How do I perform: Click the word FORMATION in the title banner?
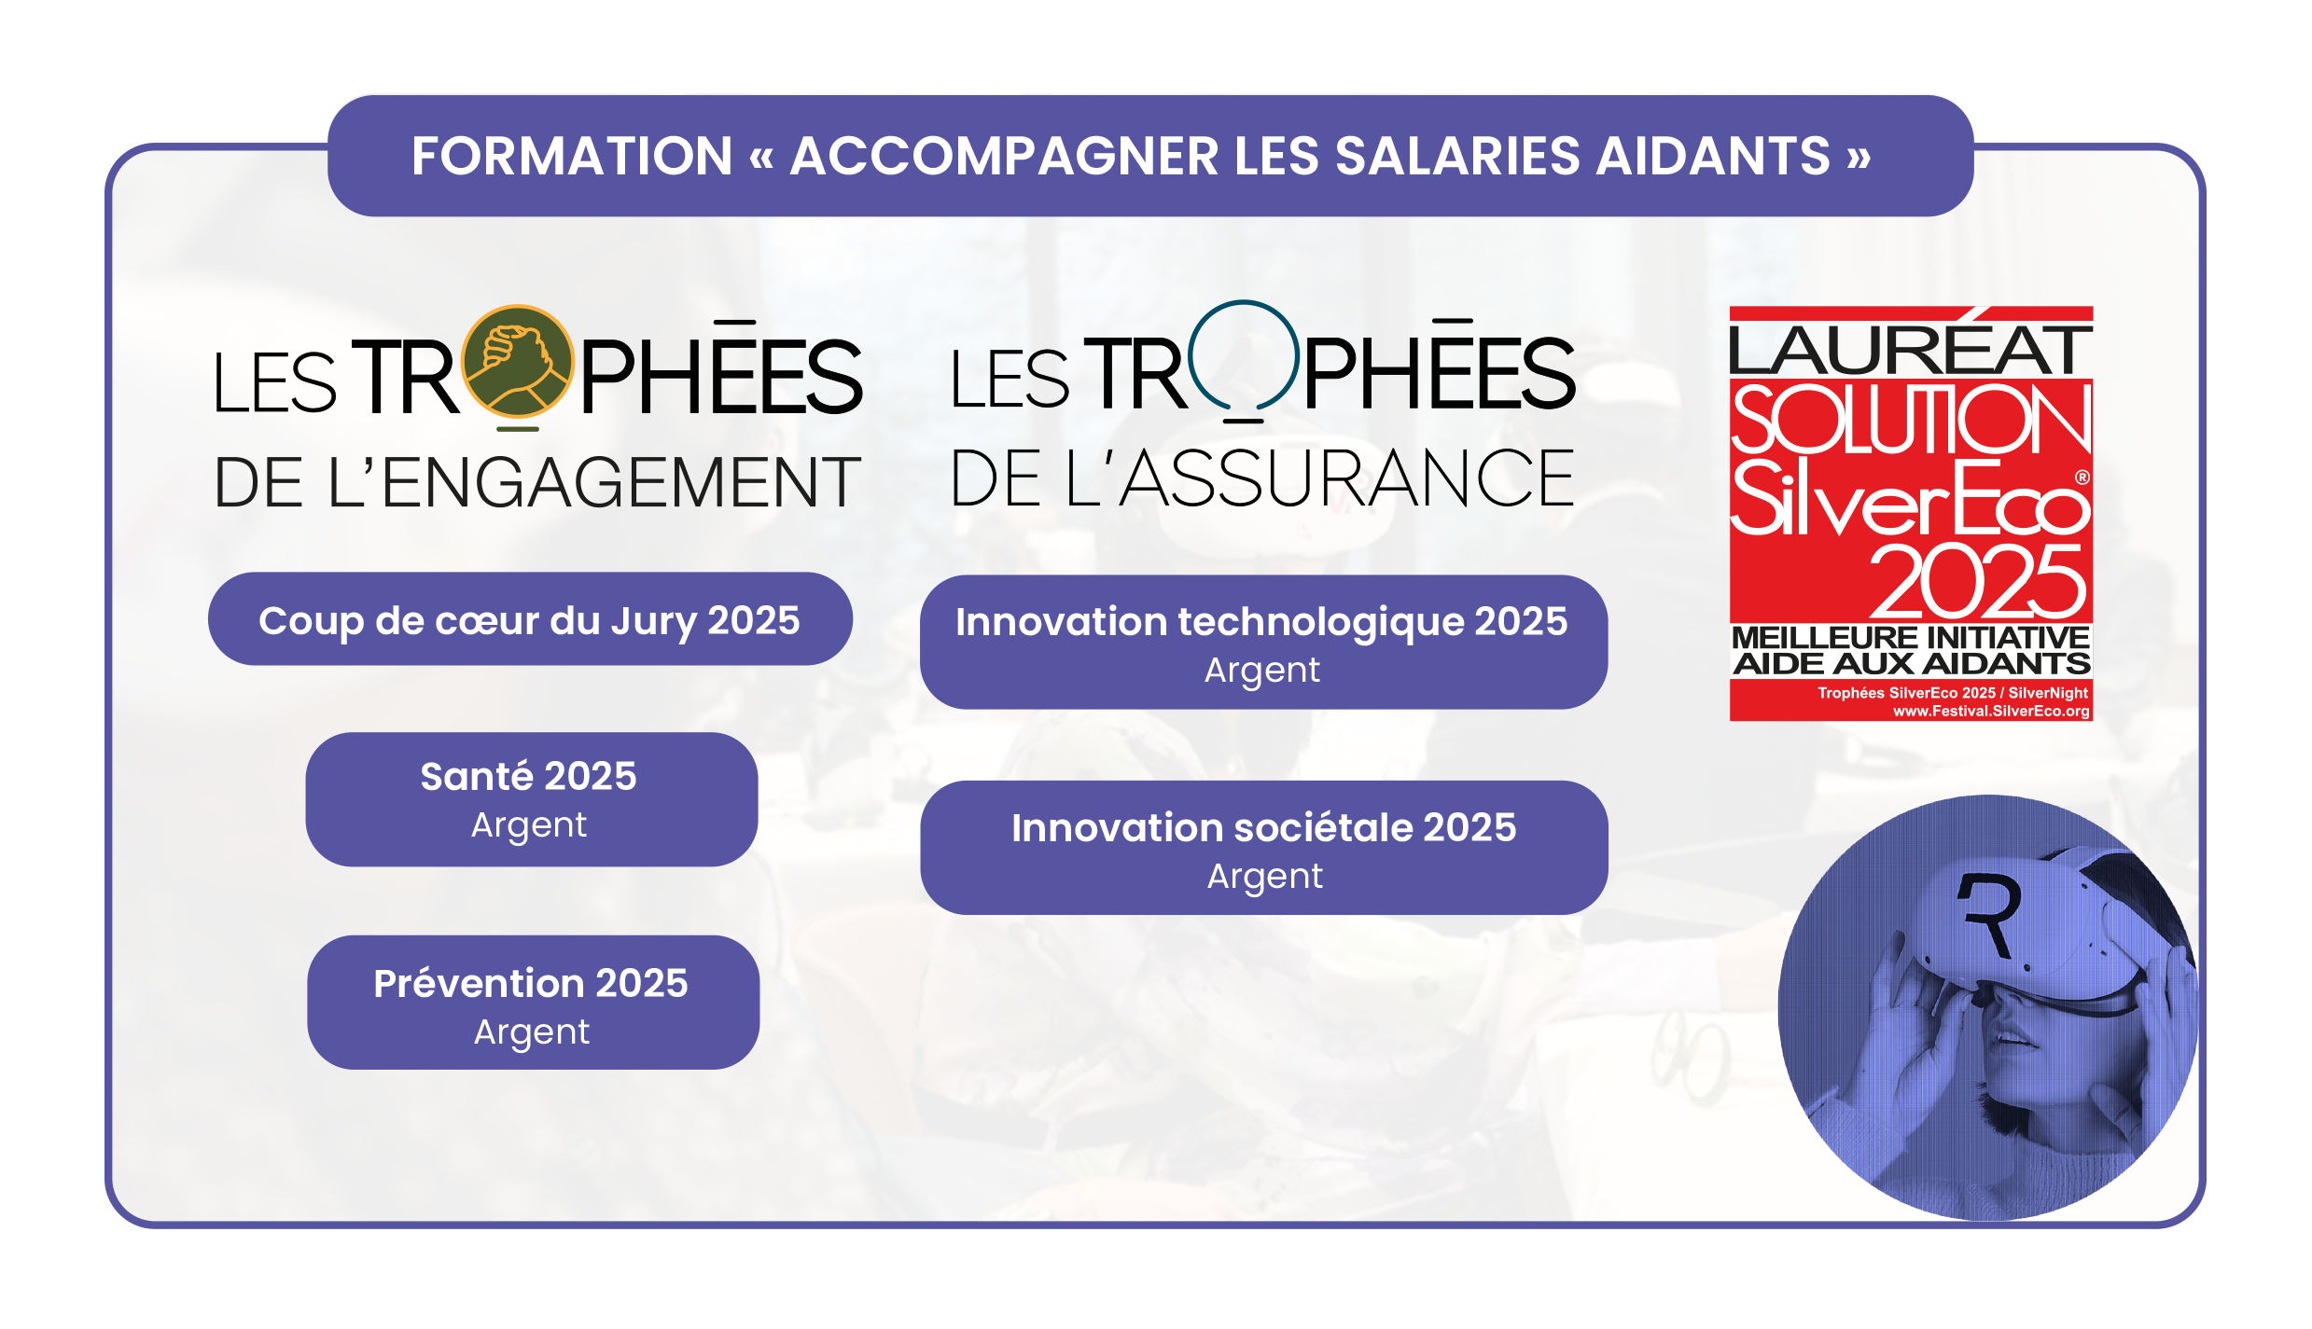tap(572, 156)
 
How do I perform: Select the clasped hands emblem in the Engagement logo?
tap(518, 361)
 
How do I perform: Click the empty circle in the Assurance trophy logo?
tap(1244, 355)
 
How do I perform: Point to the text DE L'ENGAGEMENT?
tap(537, 482)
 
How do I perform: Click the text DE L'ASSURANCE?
tap(1262, 478)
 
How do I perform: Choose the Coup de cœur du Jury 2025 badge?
tap(530, 619)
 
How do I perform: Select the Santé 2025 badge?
tap(532, 799)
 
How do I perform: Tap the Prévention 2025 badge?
tap(533, 1003)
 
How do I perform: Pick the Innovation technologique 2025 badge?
tap(1263, 643)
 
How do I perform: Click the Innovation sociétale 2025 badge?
tap(1264, 848)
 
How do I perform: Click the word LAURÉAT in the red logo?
tap(1910, 349)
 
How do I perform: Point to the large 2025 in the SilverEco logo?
tap(1977, 582)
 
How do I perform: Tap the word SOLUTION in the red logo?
tap(1911, 419)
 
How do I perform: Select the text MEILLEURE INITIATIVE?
tap(1911, 638)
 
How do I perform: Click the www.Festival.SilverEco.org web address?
tap(1991, 711)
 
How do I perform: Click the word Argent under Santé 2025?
tap(529, 825)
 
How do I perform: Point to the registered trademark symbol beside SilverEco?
tap(2082, 477)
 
